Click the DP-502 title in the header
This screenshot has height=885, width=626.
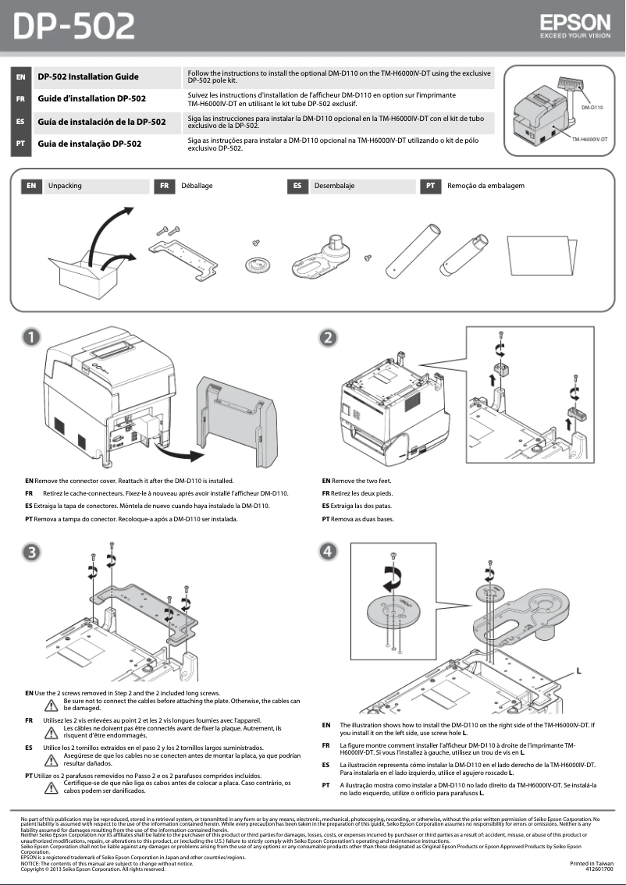(75, 27)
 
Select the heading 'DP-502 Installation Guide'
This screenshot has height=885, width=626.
(88, 76)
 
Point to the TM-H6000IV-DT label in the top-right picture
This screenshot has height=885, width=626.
(589, 138)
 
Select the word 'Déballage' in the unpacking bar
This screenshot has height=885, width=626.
(197, 187)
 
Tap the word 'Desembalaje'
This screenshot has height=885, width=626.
(334, 187)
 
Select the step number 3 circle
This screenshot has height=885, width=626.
(30, 551)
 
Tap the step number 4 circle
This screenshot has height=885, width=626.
(329, 551)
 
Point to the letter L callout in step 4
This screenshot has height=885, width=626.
(578, 670)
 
